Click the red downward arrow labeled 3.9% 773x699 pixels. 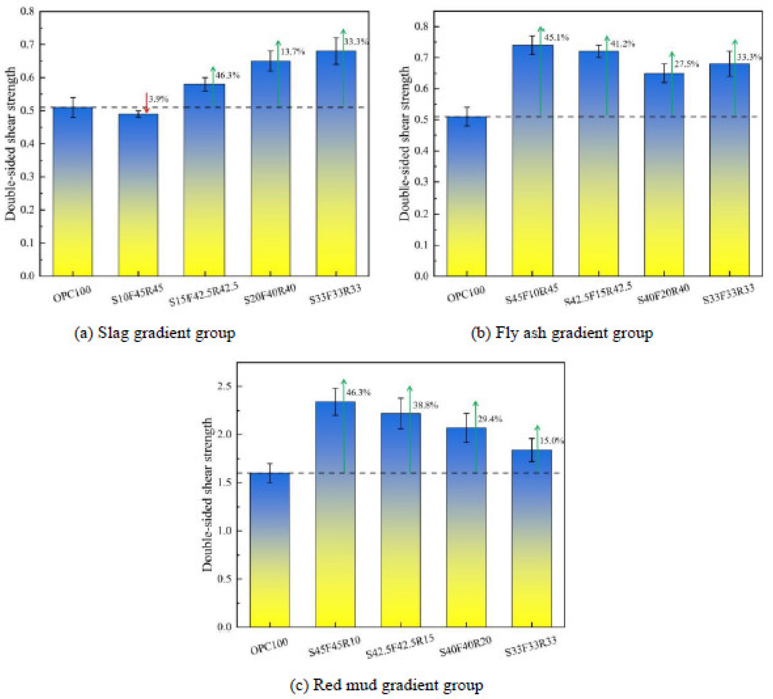coord(146,103)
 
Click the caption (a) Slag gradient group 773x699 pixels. coord(154,333)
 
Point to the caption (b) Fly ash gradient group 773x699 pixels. coord(562,333)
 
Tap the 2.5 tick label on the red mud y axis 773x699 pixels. coord(225,386)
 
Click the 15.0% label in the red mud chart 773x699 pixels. coord(551,441)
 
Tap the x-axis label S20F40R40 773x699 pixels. coord(270,294)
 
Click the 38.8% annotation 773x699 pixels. coord(425,405)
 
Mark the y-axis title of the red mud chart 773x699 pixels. coord(207,495)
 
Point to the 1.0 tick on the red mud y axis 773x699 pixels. coord(225,531)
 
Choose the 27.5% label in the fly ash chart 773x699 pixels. coord(686,64)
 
